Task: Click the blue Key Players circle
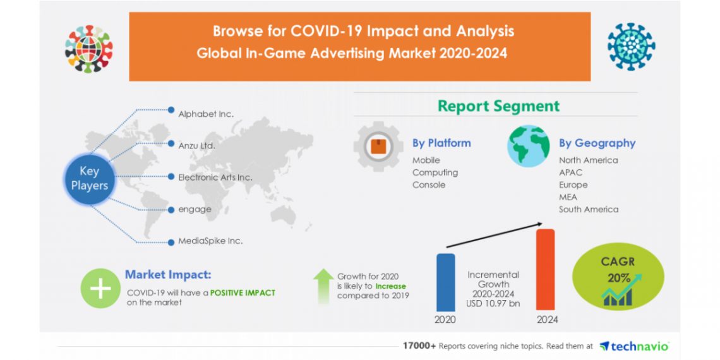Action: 89,177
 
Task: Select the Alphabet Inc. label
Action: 205,114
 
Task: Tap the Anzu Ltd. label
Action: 196,146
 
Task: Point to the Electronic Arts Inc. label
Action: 215,177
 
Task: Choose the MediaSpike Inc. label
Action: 210,241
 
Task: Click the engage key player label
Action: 195,209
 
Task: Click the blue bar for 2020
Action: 445,282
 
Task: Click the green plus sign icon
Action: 100,289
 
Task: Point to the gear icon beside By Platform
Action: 378,148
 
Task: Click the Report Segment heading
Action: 498,105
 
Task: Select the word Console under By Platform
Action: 429,185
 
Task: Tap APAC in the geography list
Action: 570,172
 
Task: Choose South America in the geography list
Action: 588,209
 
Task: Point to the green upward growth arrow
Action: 323,286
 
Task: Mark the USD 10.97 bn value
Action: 493,304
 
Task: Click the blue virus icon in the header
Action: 631,47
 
